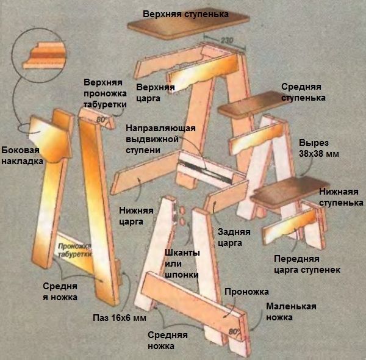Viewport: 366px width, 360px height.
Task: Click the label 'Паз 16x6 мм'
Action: (120, 318)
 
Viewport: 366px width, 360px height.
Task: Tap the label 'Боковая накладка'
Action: (21, 156)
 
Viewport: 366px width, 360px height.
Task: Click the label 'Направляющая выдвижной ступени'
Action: (160, 139)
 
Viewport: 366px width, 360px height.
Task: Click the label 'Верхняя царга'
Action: (156, 92)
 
